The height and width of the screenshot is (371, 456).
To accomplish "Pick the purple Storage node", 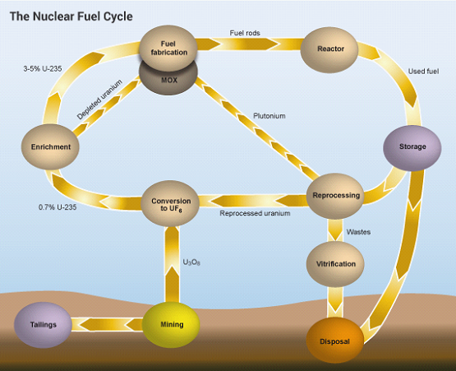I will click(412, 146).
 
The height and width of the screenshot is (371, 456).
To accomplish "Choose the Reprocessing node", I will click(337, 196).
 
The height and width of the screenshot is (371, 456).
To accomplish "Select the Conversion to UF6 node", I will click(172, 202).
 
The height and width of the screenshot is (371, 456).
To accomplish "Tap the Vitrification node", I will click(336, 264).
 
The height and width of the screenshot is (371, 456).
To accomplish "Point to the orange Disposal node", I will click(334, 340).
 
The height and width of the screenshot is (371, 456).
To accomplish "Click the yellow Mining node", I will click(172, 324).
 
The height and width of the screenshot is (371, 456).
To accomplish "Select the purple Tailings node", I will click(44, 324).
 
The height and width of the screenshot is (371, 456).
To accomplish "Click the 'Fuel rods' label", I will click(246, 34).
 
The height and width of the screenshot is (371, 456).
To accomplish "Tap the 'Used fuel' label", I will click(423, 72).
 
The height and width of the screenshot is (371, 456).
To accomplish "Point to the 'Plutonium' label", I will click(269, 116).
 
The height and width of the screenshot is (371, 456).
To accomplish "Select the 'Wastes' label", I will click(357, 232).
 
